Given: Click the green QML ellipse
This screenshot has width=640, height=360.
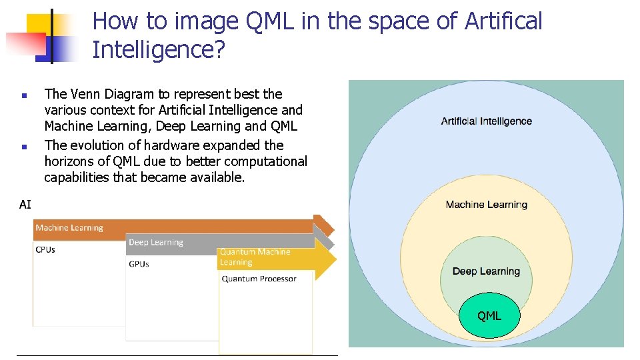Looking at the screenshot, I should coord(489,315).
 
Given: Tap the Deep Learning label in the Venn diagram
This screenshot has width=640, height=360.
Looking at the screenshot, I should coord(486,271).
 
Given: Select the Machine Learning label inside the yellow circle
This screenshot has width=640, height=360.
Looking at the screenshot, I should coord(486,205).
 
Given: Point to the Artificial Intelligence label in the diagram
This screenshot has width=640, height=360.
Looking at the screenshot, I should coord(486,121).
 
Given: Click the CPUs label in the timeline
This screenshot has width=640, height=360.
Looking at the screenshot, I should coord(45,250).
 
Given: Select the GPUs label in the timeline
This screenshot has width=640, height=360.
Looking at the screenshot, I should coord(139,264).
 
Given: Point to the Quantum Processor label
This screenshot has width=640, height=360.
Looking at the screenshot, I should coord(259,279).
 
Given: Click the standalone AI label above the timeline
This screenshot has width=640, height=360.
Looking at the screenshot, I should coord(25,205).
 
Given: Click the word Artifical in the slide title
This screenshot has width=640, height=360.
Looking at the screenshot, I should coord(504,21).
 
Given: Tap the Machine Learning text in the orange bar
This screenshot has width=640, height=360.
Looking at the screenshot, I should coord(69,228).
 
